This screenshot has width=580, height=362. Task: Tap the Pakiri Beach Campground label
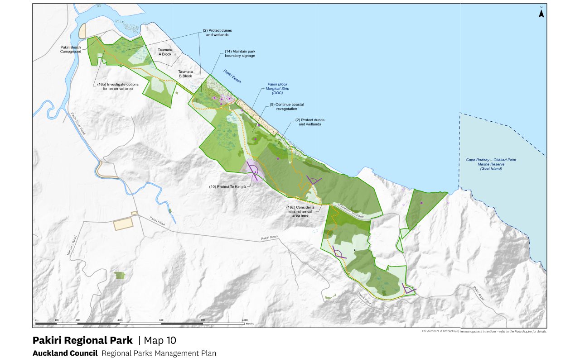(70, 49)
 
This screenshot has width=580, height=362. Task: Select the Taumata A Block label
(164, 52)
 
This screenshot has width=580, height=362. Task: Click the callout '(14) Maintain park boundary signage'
(240, 53)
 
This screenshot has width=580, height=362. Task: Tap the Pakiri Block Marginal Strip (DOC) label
(277, 88)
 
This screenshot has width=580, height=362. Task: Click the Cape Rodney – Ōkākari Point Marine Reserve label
(491, 164)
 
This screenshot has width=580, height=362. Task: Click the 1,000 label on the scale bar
(245, 320)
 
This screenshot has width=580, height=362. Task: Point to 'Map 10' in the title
(160, 340)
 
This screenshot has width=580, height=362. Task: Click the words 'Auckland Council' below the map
(65, 353)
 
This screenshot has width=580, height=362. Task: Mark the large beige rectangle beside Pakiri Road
(122, 224)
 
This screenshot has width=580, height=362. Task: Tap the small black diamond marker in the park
(355, 250)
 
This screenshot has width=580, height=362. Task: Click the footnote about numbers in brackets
(483, 331)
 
